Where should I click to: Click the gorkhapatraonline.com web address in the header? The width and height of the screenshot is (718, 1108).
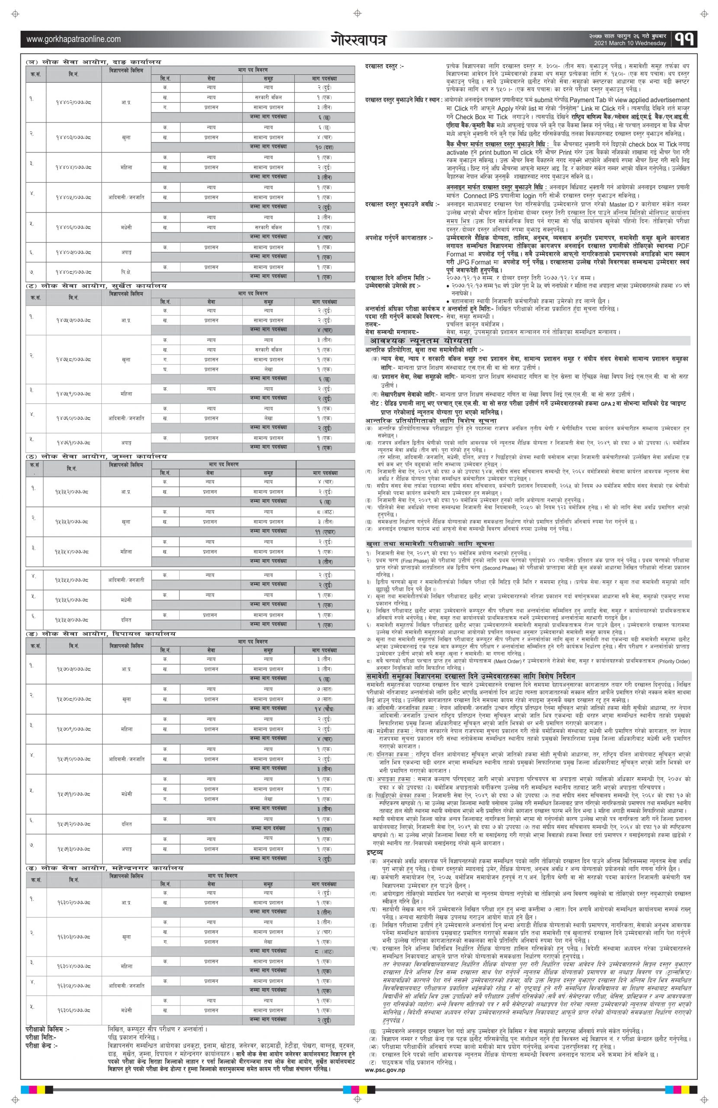click(x=73, y=39)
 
